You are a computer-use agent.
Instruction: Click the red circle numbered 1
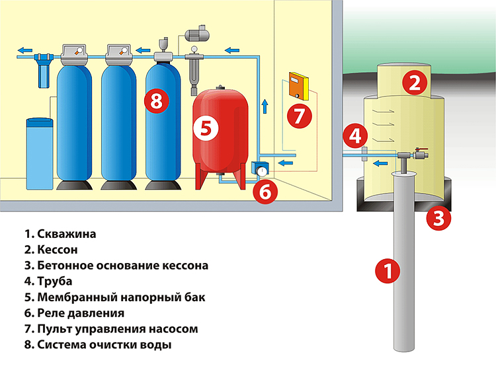[388, 271]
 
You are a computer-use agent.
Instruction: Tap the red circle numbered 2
[415, 83]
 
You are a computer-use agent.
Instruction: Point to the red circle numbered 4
[356, 136]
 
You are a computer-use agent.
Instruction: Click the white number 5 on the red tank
[206, 129]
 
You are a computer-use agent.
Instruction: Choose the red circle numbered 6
[264, 192]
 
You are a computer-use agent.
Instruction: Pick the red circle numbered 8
[156, 102]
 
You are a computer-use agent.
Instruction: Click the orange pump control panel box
[298, 86]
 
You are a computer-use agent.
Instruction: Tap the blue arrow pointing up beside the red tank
[265, 104]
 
